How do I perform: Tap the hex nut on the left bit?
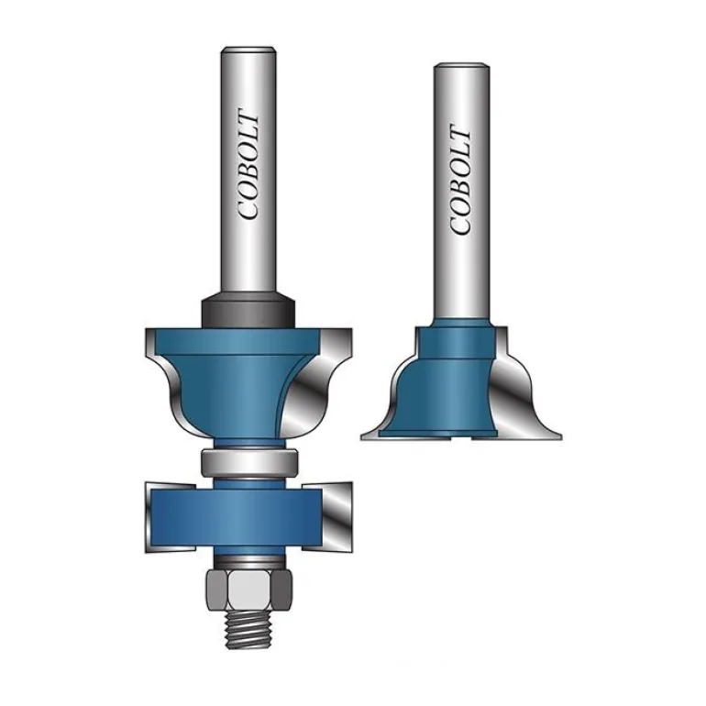[249, 590]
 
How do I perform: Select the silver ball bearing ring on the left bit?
[249, 462]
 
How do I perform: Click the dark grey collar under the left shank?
[248, 311]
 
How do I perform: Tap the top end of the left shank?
[248, 49]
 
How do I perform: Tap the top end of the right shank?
[461, 65]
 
